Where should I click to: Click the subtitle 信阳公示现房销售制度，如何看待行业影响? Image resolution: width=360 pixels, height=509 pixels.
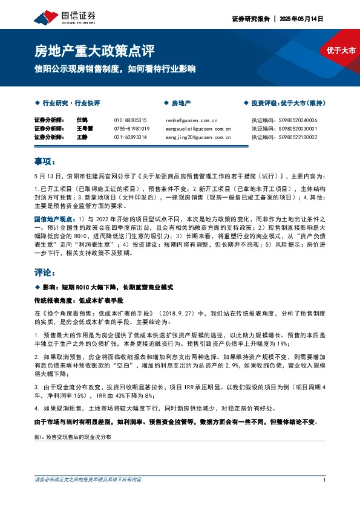115,69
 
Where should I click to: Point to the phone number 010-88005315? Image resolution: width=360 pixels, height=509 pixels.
130,120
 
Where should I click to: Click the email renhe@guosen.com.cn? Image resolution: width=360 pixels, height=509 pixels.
191,120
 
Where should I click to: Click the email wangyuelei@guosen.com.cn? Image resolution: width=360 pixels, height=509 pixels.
198,129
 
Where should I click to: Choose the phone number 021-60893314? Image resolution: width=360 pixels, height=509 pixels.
130,137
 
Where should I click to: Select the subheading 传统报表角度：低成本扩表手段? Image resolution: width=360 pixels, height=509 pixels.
70,300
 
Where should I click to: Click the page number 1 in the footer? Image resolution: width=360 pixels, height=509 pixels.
325,480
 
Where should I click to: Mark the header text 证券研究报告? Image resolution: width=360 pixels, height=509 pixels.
249,19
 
